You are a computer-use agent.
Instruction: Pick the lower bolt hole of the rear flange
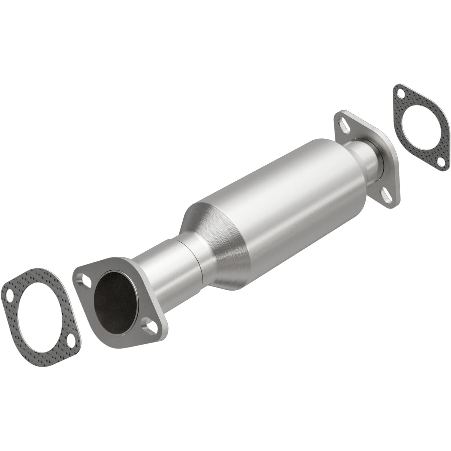(390, 195)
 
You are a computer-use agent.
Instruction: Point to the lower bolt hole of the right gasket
(440, 161)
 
